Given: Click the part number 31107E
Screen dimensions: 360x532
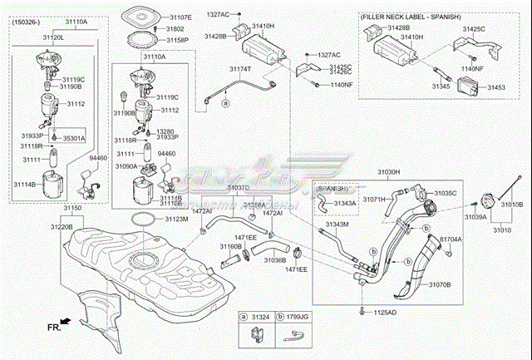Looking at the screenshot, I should pos(180,17).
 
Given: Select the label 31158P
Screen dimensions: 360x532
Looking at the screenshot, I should pos(180,39).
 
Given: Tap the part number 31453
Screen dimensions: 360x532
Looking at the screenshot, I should pos(497,86).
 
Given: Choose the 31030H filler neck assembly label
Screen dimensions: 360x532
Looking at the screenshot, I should pos(388,172).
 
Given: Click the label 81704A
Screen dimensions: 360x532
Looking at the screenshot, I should pos(451,239).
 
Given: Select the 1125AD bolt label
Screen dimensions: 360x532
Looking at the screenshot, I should pos(382,313).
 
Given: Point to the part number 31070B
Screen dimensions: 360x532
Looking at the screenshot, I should pos(440,284).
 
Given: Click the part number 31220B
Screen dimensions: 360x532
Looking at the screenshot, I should pos(61,226).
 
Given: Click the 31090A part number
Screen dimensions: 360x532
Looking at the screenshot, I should pos(127,166).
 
